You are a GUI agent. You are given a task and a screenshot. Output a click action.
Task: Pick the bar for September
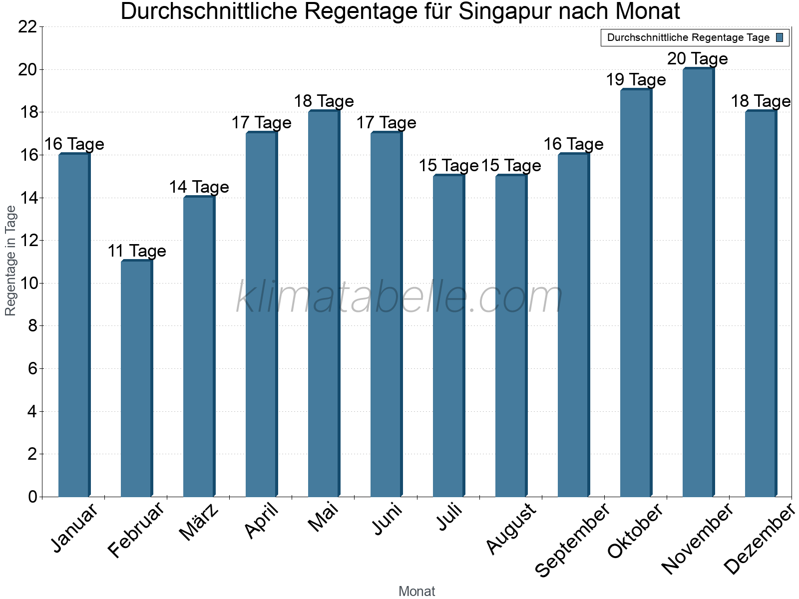[573, 325]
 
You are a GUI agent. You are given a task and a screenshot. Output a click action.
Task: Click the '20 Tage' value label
[697, 59]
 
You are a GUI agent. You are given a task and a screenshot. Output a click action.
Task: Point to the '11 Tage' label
[136, 251]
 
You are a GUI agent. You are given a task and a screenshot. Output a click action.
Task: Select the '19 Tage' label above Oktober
[635, 80]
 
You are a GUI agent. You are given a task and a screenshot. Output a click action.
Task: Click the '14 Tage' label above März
[199, 187]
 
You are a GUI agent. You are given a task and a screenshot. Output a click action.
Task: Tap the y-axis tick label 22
[27, 27]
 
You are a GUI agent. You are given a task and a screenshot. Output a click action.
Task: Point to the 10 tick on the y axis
[27, 284]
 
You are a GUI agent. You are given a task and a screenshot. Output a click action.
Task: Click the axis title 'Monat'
[416, 592]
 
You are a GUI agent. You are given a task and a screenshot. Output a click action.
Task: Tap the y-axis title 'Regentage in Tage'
[11, 261]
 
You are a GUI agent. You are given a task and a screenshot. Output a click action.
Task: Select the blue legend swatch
[780, 37]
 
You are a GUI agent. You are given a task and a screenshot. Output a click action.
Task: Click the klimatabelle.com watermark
[399, 298]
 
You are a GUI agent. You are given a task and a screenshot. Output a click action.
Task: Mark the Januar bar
[74, 325]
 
